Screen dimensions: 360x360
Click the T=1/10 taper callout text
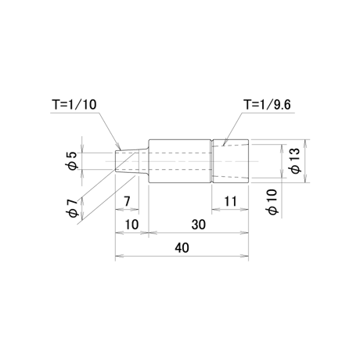point(74,104)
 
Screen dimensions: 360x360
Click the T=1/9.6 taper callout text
point(267,104)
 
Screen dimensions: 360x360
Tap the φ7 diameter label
point(72,208)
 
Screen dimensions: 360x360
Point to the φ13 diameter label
point(296,160)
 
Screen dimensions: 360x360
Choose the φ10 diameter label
point(273,202)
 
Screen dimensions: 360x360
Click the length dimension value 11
point(230,201)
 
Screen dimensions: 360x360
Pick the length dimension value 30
point(199,225)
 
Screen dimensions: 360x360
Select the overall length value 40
point(182,247)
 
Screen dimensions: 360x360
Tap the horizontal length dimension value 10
point(131,225)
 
